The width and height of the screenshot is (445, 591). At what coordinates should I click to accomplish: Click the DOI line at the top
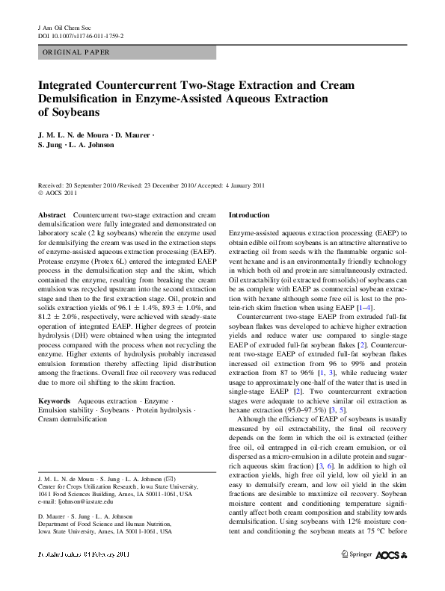click(81, 35)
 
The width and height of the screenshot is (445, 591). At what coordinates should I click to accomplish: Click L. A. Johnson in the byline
click(96, 146)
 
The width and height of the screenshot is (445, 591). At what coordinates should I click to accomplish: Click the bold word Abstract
click(51, 214)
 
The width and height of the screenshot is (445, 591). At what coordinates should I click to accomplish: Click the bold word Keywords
click(55, 400)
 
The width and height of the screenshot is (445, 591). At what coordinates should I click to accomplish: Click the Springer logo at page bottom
click(357, 555)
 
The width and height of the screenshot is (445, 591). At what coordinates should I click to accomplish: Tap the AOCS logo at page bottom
click(393, 555)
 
